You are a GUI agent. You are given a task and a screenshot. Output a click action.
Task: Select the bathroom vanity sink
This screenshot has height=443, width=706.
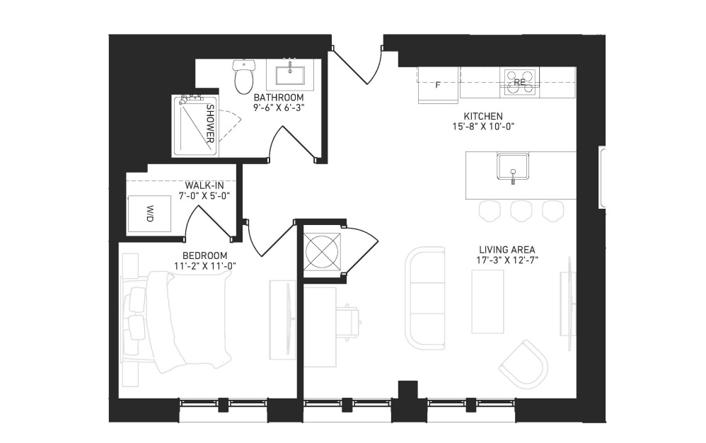pos(289,75)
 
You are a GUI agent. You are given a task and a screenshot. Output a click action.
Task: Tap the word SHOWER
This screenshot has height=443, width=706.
pos(210,124)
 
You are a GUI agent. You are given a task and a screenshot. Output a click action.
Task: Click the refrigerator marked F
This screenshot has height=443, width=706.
pos(438,85)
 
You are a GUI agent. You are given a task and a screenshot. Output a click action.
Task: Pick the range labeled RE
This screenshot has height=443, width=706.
pos(520,82)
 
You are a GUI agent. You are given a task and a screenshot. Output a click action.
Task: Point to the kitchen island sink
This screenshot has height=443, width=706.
pos(513,166)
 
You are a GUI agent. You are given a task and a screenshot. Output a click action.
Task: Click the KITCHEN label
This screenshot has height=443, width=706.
pos(483,116)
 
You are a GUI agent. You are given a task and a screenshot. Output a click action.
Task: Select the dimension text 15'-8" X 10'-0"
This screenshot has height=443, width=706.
pos(483,127)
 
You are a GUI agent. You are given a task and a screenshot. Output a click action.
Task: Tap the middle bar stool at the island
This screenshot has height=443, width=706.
pos(521,211)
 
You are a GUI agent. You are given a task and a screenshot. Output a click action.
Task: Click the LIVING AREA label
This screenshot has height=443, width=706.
pos(507,249)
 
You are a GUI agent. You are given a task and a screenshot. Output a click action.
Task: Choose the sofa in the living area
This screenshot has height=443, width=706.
pos(425,298)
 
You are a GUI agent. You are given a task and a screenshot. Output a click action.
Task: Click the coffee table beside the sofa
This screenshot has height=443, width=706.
pos(487,301)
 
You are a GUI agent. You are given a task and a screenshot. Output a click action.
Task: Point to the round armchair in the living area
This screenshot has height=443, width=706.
pos(523,364)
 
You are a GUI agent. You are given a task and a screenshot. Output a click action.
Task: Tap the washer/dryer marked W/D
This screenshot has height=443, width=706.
pos(149,214)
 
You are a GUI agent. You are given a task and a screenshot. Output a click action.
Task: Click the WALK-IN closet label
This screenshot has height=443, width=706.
pos(204,185)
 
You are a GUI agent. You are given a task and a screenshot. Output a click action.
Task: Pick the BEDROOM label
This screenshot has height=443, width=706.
pos(205,255)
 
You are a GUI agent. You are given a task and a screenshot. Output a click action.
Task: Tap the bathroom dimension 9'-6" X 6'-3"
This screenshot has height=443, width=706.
pos(279,108)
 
